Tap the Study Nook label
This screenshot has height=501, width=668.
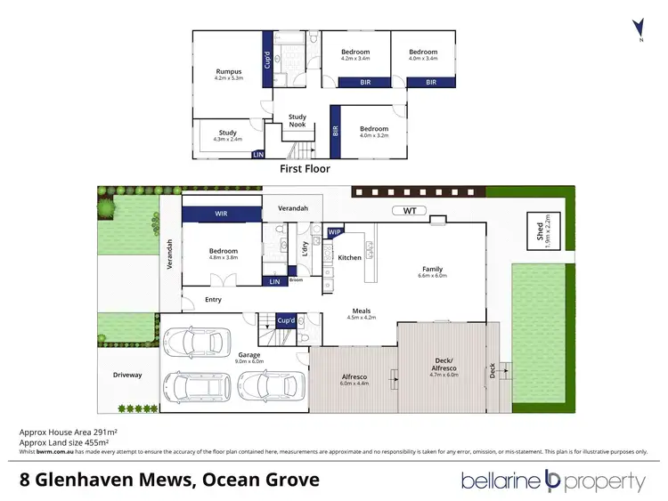point(297,120)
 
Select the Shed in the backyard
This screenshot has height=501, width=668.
point(537,231)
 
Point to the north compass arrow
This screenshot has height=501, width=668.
point(636,28)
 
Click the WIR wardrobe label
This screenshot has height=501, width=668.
point(221,214)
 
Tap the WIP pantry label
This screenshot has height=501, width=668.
point(335,232)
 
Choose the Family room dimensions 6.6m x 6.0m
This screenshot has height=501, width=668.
point(433,276)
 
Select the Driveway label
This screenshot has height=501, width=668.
point(127,375)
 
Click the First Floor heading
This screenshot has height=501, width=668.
point(305,168)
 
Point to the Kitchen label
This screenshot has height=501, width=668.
point(350,257)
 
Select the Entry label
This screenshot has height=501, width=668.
point(213,300)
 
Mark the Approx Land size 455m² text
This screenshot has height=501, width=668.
point(64,442)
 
